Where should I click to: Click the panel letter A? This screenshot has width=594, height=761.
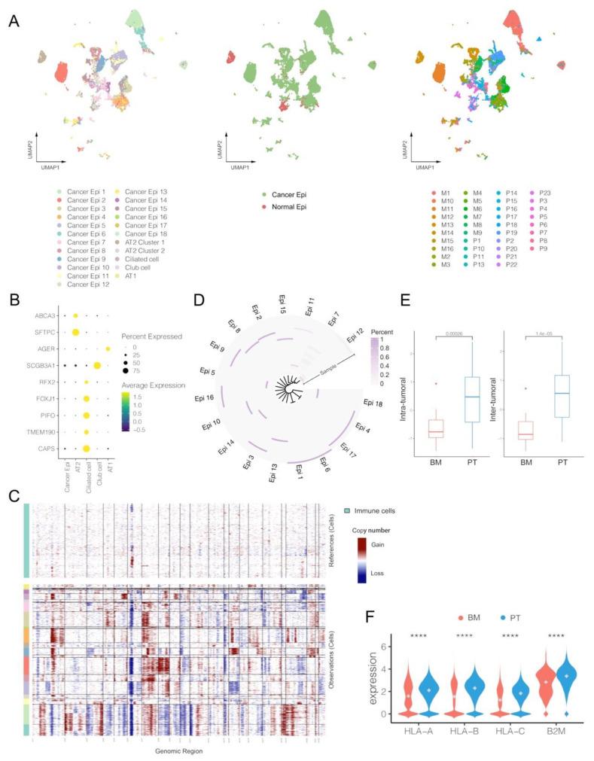(x=13, y=22)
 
